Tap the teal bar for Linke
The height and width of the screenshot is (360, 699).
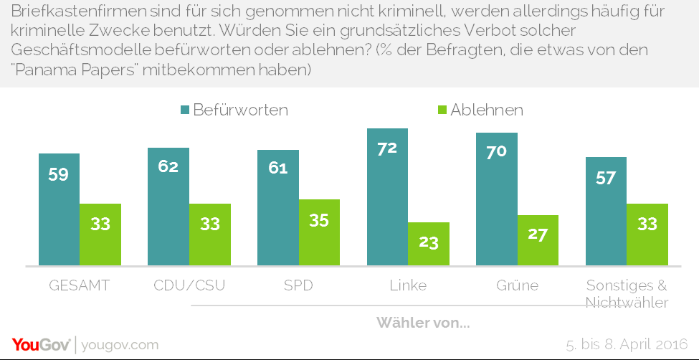click(x=387, y=197)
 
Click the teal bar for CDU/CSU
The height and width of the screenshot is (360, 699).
click(x=168, y=207)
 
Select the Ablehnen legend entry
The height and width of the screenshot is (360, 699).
click(x=480, y=110)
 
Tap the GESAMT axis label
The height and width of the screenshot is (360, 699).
click(x=79, y=285)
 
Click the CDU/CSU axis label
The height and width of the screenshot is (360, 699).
click(x=189, y=285)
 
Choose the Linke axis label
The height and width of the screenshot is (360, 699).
click(x=408, y=285)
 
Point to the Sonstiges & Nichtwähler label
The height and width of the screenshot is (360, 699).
click(x=627, y=293)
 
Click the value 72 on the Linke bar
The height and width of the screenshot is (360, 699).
click(x=387, y=148)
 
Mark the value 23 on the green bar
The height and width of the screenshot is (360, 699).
click(x=429, y=242)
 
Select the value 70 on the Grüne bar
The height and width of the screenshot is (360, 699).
click(x=497, y=152)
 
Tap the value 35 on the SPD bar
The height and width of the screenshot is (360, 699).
click(x=319, y=220)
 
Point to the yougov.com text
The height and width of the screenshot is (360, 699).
click(x=120, y=345)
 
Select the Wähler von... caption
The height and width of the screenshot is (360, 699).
click(x=423, y=323)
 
